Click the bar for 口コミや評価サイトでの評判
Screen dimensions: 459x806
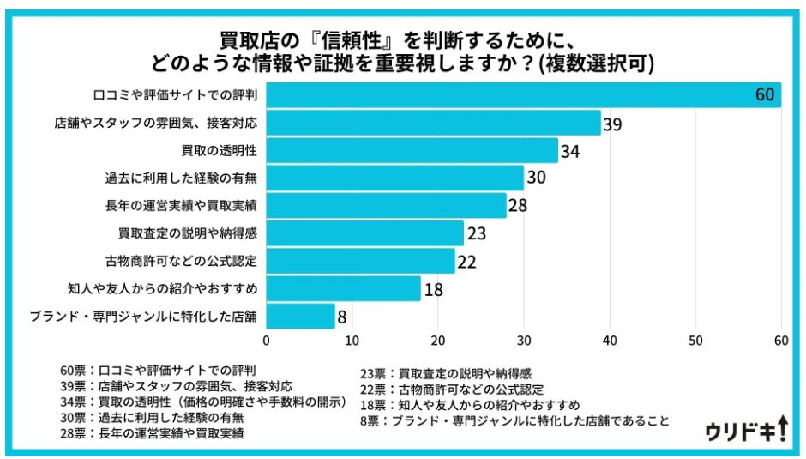click(523, 95)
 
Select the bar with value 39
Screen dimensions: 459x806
click(433, 123)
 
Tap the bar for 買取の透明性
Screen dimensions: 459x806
click(412, 151)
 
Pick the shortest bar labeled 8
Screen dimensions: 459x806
click(300, 316)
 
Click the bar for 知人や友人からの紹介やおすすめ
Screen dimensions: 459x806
click(343, 288)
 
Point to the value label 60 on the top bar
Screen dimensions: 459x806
click(765, 95)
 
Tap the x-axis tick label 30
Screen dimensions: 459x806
click(523, 341)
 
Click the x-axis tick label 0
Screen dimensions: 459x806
click(267, 341)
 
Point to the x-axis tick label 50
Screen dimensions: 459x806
click(695, 341)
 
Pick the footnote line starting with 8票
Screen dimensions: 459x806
click(514, 420)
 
